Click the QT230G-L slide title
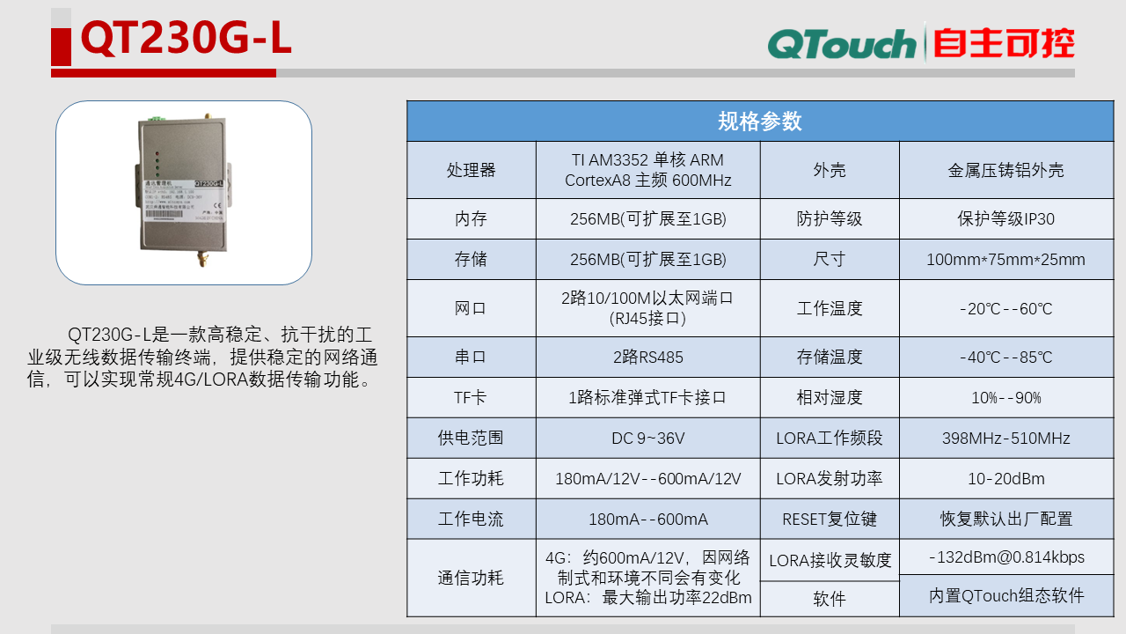[186, 40]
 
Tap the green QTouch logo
[841, 44]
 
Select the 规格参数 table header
[760, 122]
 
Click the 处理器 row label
[471, 170]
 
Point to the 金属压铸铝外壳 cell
[1005, 170]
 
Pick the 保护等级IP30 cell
[1005, 218]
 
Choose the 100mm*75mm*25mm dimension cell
[1005, 260]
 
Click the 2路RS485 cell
[647, 358]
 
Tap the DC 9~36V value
[647, 439]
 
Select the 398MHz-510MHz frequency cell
[1005, 439]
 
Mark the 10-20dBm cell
[1005, 479]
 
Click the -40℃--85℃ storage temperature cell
[1005, 358]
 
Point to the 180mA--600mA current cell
[647, 520]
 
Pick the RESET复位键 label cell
[829, 520]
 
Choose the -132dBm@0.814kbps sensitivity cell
[1005, 557]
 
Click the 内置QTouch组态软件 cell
[1005, 596]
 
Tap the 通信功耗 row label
[471, 578]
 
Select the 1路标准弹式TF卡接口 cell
[647, 398]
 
